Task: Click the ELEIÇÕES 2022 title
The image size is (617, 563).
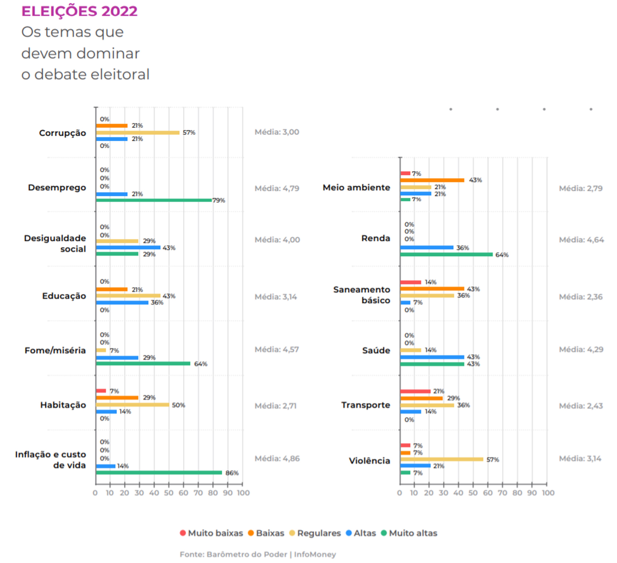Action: [79, 11]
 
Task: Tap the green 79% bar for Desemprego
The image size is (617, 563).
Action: [154, 200]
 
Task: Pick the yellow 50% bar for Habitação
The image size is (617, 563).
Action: [132, 405]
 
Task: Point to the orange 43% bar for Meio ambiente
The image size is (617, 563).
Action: [432, 180]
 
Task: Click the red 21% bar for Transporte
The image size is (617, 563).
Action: [415, 391]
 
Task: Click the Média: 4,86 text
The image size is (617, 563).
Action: [277, 458]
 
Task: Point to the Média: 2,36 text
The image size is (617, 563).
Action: [581, 297]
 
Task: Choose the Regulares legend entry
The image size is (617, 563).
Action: [315, 533]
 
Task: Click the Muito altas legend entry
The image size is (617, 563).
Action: [409, 533]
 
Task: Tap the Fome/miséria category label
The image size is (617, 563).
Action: [55, 350]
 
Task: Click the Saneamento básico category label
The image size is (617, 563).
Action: [362, 295]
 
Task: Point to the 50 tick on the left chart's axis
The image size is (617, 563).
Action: [169, 493]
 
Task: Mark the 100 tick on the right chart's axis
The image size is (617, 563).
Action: [548, 493]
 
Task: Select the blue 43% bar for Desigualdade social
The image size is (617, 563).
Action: [128, 247]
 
